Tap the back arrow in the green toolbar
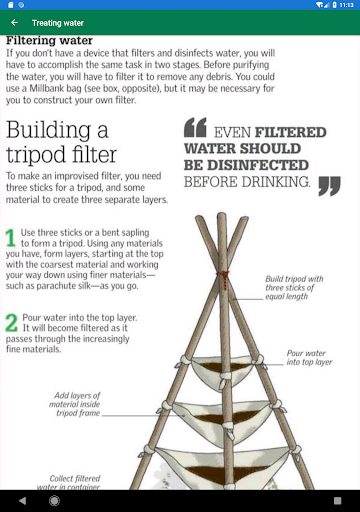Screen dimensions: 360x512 click(14, 22)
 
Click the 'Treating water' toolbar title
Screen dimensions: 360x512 click(58, 23)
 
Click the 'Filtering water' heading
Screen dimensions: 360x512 click(49, 40)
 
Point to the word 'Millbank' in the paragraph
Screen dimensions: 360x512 click(45, 88)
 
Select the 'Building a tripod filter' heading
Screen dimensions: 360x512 click(61, 142)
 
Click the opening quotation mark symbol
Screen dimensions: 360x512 click(195, 127)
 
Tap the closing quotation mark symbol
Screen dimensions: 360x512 click(329, 186)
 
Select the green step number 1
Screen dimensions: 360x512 click(10, 238)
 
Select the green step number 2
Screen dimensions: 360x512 click(12, 323)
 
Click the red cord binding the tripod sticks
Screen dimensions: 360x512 click(224, 279)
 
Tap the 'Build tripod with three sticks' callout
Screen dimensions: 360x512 click(294, 288)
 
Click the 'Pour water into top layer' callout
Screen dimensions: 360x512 click(309, 358)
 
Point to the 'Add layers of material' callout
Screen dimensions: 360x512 click(75, 404)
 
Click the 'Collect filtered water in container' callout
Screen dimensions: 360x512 click(69, 483)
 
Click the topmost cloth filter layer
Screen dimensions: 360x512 click(224, 370)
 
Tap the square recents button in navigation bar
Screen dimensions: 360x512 click(337, 501)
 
